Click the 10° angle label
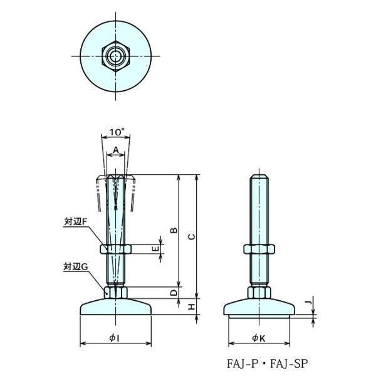[x=117, y=132]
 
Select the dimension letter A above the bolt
[x=116, y=150]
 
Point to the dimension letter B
[x=174, y=230]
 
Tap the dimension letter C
[x=192, y=237]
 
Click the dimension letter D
[x=174, y=293]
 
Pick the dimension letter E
[x=155, y=249]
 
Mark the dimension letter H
[x=191, y=306]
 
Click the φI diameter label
[x=115, y=338]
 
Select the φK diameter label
[x=259, y=338]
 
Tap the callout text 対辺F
[x=75, y=222]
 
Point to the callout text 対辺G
[x=76, y=267]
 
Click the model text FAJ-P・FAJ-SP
[x=267, y=363]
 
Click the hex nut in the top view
[x=116, y=56]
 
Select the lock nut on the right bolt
[x=259, y=249]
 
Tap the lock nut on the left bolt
[x=115, y=249]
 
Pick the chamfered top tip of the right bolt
[x=259, y=177]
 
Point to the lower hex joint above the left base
[x=115, y=293]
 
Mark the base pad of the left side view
[x=115, y=306]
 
